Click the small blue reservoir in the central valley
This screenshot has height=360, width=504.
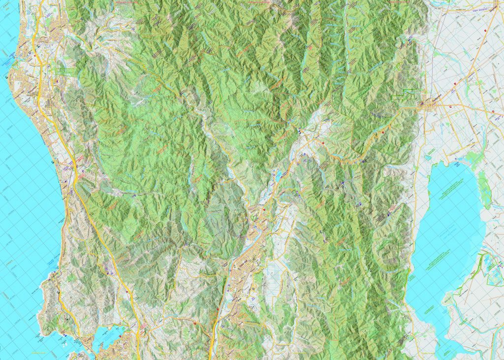pyautogui.click(x=278, y=175)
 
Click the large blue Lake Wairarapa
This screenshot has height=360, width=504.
pyautogui.click(x=445, y=217)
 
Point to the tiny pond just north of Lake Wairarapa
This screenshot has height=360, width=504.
pyautogui.click(x=427, y=158)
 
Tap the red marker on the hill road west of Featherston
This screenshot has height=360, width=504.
pyautogui.click(x=383, y=133)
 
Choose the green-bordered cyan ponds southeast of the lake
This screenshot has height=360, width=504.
pyautogui.click(x=490, y=268)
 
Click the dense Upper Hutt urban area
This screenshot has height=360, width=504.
pyautogui.click(x=246, y=266)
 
